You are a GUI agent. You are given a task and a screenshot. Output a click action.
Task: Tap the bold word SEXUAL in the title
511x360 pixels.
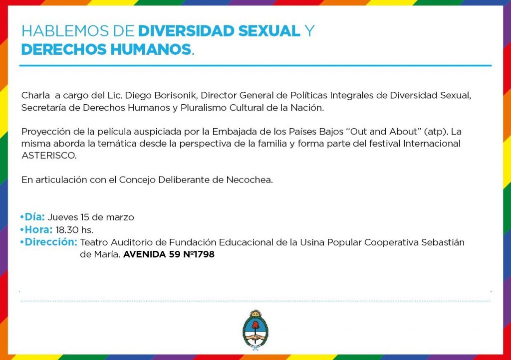(x=269, y=31)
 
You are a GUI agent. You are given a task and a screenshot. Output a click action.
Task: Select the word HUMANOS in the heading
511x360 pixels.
(x=151, y=49)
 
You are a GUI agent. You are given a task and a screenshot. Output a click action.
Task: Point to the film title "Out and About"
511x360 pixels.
(x=384, y=132)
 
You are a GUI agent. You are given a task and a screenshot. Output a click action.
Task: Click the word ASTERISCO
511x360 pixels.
(x=49, y=156)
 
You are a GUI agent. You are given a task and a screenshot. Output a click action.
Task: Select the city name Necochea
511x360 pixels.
(x=250, y=180)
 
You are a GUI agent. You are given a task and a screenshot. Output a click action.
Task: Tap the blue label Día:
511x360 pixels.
(x=34, y=217)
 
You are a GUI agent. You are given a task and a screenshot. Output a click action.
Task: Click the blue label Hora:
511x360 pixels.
(x=38, y=230)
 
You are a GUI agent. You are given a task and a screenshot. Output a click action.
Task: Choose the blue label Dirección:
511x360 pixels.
(x=51, y=242)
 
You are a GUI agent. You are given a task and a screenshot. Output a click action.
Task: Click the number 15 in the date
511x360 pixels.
(x=85, y=217)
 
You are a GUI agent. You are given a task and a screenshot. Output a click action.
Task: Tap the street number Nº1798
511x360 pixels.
(x=199, y=254)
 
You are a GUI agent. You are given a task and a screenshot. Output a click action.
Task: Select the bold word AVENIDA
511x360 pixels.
(x=145, y=254)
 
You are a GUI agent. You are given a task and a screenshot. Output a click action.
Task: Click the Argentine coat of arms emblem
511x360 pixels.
(x=255, y=330)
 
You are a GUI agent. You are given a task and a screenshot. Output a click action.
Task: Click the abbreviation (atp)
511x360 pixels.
(x=436, y=132)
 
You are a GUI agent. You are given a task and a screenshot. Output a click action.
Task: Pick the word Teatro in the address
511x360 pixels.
(x=94, y=242)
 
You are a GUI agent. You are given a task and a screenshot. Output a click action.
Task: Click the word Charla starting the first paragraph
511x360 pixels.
(x=35, y=95)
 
